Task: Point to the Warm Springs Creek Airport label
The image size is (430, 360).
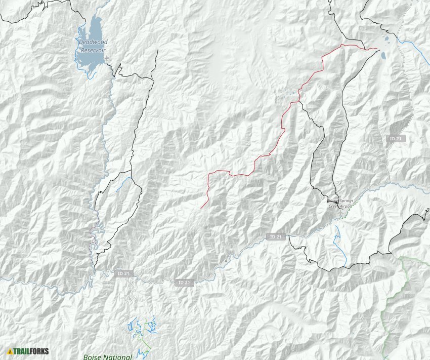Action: [x=340, y=204]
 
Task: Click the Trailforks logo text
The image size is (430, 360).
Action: [x=31, y=350]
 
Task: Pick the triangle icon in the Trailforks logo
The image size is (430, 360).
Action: [x=10, y=350]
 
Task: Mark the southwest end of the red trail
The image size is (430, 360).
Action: [x=201, y=208]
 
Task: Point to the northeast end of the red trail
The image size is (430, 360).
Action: [x=376, y=49]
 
